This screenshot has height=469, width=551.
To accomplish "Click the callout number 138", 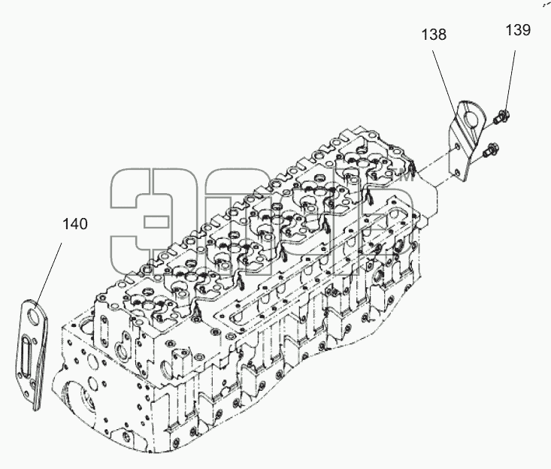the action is (434, 35).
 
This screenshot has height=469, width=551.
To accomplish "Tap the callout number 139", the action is (518, 30).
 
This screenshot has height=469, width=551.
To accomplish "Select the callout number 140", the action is (75, 224).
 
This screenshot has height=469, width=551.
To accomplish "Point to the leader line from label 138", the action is (445, 83).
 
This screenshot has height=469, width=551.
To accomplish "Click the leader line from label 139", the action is (510, 80).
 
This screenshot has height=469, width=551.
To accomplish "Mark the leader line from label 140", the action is (48, 272).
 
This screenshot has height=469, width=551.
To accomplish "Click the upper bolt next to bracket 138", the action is (501, 117).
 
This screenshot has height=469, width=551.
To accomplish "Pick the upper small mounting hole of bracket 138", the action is (457, 147).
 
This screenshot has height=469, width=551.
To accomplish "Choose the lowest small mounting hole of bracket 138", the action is (456, 172).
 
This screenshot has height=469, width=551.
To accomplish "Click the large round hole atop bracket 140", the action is (34, 316).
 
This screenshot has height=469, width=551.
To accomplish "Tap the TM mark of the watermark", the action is (406, 178).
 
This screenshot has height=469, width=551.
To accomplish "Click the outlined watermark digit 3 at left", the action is (140, 221).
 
